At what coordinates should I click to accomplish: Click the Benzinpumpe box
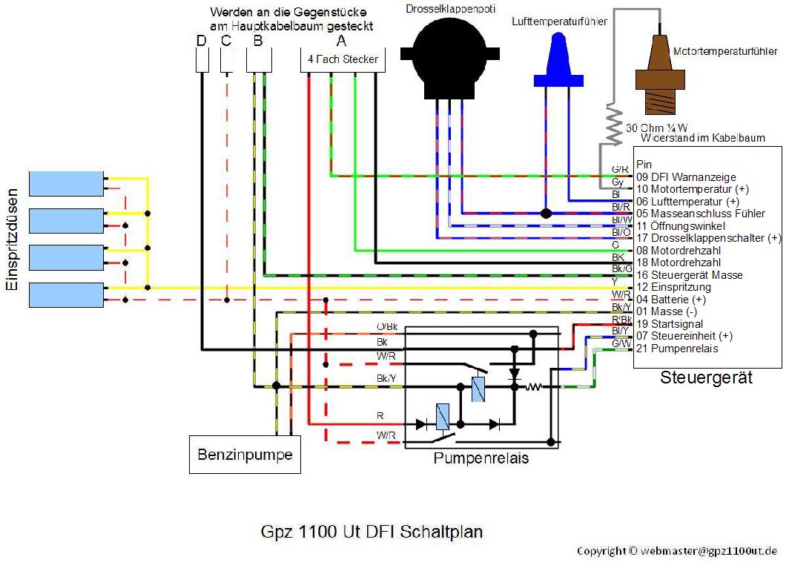point(245,453)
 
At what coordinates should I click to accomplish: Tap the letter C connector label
point(226,41)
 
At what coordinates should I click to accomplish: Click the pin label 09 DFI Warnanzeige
point(686,177)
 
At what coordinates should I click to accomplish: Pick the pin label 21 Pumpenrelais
point(677,349)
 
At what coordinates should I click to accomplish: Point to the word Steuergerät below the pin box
point(706,378)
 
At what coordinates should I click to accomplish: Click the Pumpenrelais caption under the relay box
point(481,458)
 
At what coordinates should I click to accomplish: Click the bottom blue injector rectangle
point(66,294)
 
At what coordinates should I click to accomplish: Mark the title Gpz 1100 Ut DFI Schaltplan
point(372,532)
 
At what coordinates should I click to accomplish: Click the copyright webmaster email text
point(677,551)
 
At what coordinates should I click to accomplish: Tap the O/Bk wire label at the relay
point(388,327)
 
